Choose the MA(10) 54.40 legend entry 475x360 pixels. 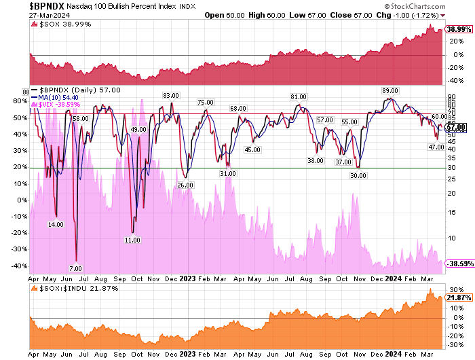tap(66, 97)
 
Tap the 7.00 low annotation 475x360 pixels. tap(76, 268)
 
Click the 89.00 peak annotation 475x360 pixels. tap(390, 90)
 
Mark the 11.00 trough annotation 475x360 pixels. tap(133, 240)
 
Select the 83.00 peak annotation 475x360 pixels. tap(170, 95)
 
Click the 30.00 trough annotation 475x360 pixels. tap(358, 175)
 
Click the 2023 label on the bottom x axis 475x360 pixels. tap(188, 354)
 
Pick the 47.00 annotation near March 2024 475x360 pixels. tap(436, 147)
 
